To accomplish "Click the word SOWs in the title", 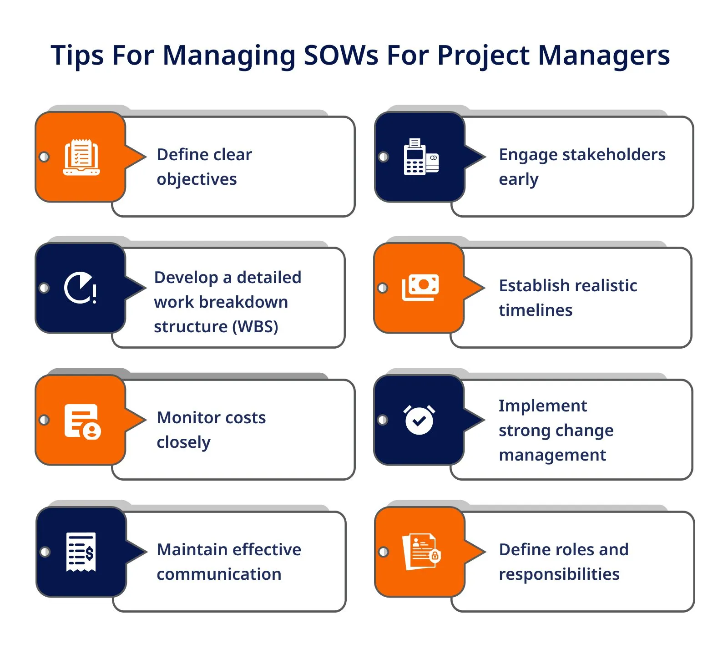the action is point(340,55).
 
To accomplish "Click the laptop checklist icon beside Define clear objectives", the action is point(81,157).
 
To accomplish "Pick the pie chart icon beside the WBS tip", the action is point(80,288).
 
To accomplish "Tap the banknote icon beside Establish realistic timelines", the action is point(420,288).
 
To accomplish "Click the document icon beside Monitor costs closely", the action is point(82,421).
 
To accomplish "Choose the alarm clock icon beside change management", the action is point(419,420).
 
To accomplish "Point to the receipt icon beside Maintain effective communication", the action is point(81,552).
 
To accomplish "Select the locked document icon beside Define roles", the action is point(421,551).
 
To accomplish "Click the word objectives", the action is point(197,179).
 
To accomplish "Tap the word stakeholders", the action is point(614,155).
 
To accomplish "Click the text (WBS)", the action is point(255,327).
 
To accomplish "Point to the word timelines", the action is point(536,310).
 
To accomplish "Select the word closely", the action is point(183,442).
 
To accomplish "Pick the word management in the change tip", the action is point(552,455).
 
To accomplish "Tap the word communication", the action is point(219,574).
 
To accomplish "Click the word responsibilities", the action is point(559,574).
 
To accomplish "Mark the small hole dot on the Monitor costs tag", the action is point(44,420).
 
